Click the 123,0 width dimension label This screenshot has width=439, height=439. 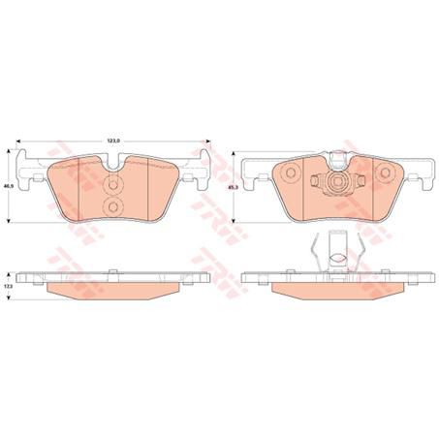coord(113,141)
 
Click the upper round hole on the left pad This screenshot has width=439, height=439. coord(112,188)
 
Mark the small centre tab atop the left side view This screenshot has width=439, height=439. coord(113,271)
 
